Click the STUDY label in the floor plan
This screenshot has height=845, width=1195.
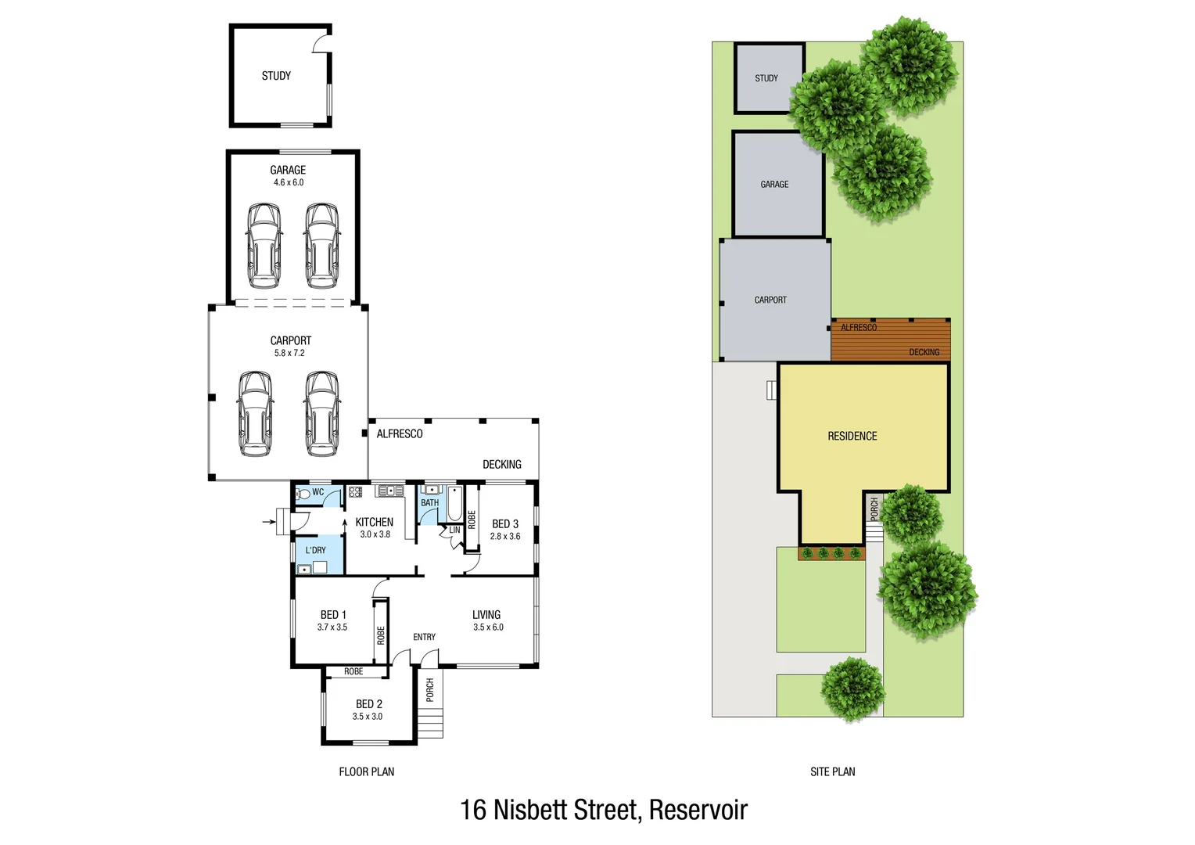pos(276,76)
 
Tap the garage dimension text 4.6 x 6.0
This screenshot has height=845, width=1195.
pos(289,182)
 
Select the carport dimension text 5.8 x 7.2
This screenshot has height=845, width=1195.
pos(289,353)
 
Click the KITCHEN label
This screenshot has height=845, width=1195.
pos(374,522)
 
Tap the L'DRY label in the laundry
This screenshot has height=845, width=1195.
pos(316,550)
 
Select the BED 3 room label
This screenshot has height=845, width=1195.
pos(504,523)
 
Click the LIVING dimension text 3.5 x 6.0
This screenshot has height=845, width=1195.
pos(488,627)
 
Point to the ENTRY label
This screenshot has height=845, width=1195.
pos(425,637)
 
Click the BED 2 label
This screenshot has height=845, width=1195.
pos(369,704)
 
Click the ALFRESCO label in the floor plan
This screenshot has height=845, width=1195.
pos(400,433)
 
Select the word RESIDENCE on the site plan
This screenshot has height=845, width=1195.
pos(852,436)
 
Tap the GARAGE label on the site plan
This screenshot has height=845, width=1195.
pos(774,185)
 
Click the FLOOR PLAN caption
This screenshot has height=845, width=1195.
pos(366,771)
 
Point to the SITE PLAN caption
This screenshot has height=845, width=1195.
pos(832,771)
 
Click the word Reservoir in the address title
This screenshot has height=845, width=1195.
pos(698,810)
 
